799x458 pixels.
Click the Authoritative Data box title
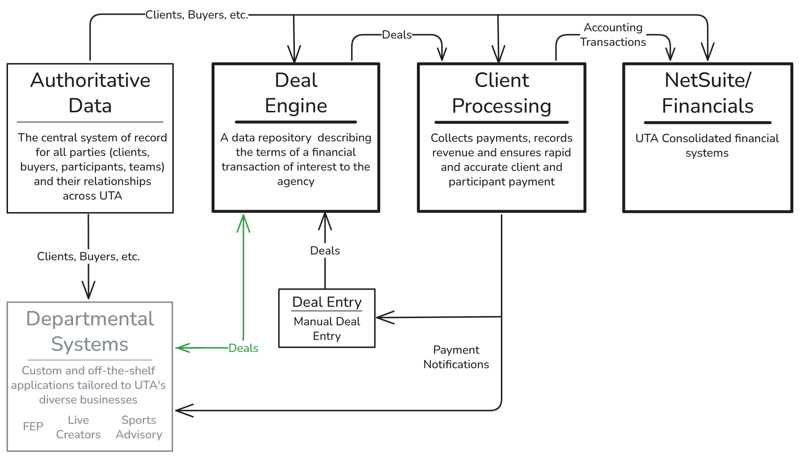point(90,93)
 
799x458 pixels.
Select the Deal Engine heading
point(296,93)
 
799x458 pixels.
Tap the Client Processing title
point(502,93)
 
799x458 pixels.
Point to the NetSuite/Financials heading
point(707,93)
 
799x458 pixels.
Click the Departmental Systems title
point(90,331)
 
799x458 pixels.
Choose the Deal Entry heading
point(327,302)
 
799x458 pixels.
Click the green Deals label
point(243,348)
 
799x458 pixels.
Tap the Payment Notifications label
point(456,357)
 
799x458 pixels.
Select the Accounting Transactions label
point(613,35)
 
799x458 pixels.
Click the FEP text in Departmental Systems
point(33,426)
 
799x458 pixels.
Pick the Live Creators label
point(78,427)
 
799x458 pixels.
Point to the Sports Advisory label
point(139,427)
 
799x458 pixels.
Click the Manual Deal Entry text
point(327,329)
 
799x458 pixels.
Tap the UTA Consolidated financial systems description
point(707,145)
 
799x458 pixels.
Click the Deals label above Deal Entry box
point(325,250)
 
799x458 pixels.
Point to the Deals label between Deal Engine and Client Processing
point(397,35)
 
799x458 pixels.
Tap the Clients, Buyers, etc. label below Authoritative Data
point(88,257)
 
